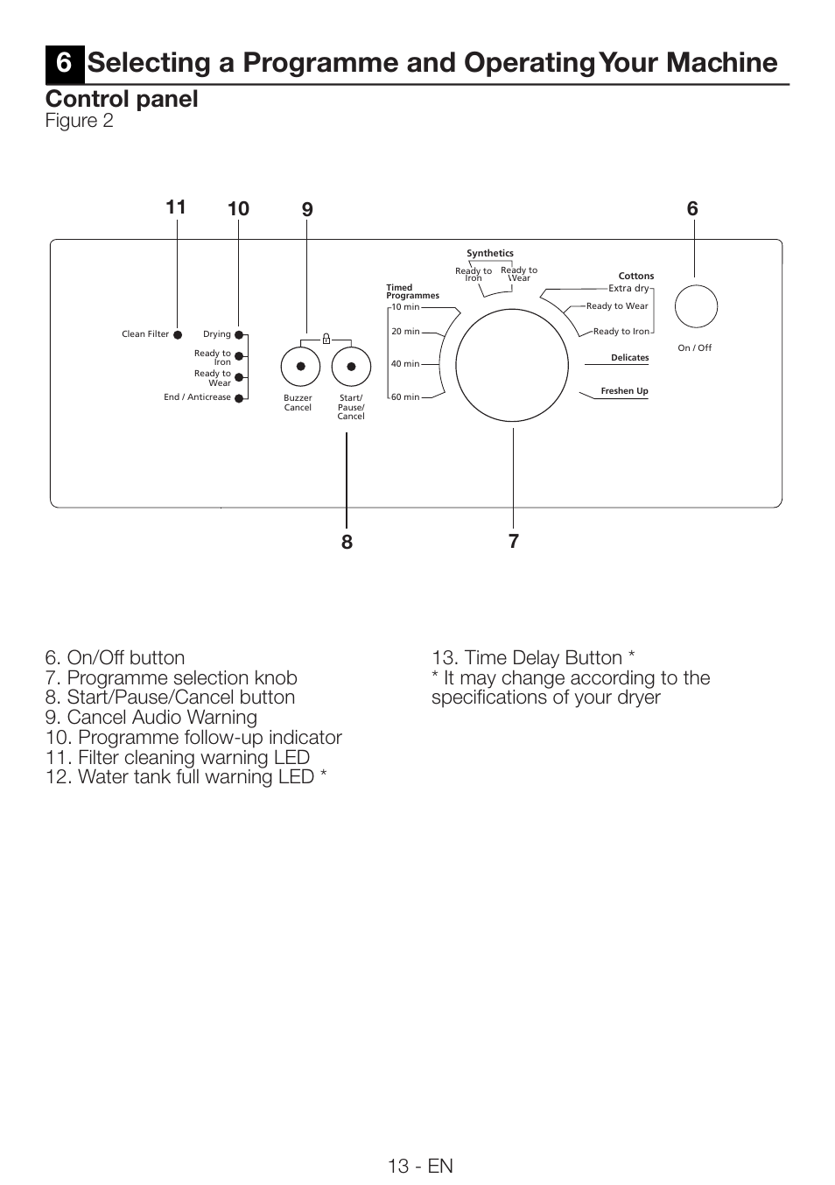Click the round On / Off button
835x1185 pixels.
(696, 306)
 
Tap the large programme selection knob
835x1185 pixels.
(513, 365)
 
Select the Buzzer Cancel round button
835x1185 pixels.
(300, 367)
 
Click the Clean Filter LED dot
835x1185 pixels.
(178, 334)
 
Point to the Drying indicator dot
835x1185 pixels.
(238, 334)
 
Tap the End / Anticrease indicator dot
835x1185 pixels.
(238, 397)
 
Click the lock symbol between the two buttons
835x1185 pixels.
(326, 338)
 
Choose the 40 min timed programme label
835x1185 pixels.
(405, 364)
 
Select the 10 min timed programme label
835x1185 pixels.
(405, 307)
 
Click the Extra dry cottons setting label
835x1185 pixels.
(628, 288)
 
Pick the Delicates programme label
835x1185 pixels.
(629, 358)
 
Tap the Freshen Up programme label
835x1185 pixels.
(624, 391)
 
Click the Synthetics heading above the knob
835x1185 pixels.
(490, 254)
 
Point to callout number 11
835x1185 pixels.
(176, 207)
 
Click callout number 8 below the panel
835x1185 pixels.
(347, 542)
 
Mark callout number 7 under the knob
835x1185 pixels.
(514, 541)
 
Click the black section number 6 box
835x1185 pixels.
(64, 63)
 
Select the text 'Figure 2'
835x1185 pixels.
(80, 121)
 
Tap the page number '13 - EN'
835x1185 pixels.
(421, 1166)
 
